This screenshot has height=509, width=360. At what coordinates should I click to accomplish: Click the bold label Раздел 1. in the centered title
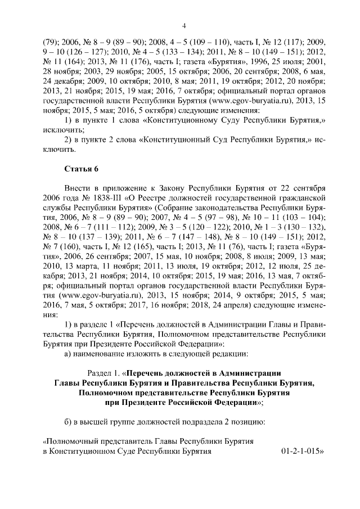[106, 373]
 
